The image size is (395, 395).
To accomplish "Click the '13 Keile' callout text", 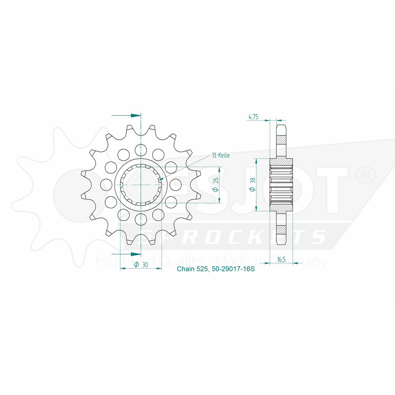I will [x=221, y=155].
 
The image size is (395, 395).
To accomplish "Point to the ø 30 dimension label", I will [x=141, y=265].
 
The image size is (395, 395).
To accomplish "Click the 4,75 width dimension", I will [x=254, y=117].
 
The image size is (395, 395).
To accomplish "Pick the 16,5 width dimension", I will [x=281, y=260].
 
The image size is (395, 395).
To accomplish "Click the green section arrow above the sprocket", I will [x=135, y=115].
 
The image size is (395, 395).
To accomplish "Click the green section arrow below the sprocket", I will [x=135, y=253].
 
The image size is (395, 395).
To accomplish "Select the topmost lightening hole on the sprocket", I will [x=141, y=149].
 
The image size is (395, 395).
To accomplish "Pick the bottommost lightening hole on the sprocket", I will [x=141, y=219].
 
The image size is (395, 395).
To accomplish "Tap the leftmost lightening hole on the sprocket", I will [x=106, y=184].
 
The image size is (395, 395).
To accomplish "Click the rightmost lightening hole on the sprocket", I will [x=175, y=184].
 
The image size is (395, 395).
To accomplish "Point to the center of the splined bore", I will [x=141, y=184].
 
